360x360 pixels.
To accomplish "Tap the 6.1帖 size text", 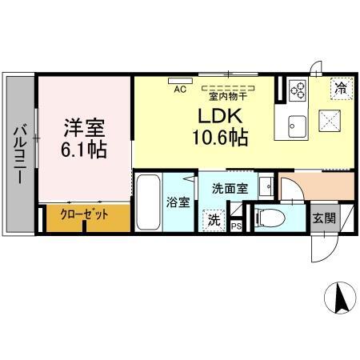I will coord(85,149).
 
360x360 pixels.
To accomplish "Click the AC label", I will coord(180,90).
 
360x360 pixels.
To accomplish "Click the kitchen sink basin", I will coord(296,125).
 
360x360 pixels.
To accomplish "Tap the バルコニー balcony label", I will coord(18,153).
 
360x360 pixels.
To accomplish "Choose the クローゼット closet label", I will coord(84,214).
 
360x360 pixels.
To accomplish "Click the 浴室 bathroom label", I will coord(178,202).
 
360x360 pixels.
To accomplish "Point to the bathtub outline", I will coord(148,203).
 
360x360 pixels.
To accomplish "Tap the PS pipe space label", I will coord(236,227).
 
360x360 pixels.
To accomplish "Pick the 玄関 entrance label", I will coord(324,218).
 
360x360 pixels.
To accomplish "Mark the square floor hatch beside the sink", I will coord(330,122).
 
